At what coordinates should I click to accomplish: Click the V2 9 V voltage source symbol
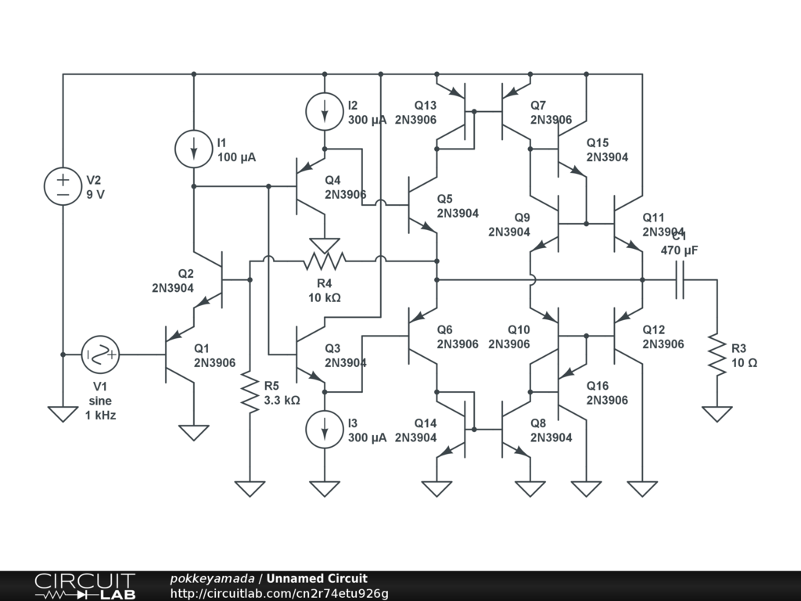click(63, 186)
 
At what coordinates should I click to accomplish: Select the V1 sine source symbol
click(101, 354)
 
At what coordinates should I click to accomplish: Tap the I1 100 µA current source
click(193, 149)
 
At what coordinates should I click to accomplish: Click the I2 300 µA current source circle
click(325, 111)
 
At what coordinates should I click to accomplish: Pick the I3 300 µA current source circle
click(325, 430)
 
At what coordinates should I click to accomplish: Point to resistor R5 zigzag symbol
click(250, 393)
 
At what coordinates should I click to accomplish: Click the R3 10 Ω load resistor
click(717, 354)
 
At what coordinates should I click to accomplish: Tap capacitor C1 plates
click(680, 279)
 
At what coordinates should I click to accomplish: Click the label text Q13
click(426, 106)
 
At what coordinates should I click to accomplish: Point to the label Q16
click(598, 386)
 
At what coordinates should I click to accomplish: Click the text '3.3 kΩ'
click(282, 400)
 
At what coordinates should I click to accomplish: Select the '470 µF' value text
click(680, 250)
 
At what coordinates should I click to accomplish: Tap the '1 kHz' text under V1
click(100, 416)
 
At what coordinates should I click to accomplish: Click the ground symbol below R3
click(717, 414)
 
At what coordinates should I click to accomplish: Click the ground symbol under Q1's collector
click(193, 432)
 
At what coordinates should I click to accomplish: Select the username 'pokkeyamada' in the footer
click(212, 579)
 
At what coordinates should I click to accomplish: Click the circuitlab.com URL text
click(279, 593)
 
